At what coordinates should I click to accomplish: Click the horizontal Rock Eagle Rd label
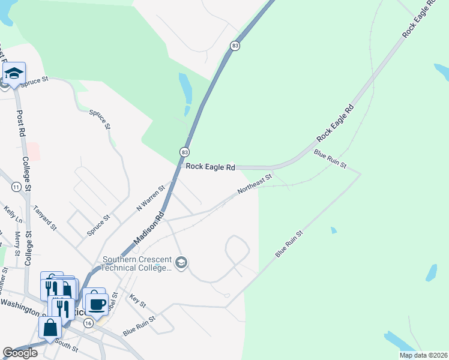pos(209,167)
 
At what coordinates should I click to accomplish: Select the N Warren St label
pos(150,198)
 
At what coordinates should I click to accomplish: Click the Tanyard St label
pos(45,219)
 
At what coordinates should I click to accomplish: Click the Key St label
pos(138,301)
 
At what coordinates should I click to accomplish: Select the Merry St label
pos(18,243)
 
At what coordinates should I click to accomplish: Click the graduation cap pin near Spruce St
pos(13,74)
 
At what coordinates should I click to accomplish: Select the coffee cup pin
pos(98,304)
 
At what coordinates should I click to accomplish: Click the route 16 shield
pos(89,323)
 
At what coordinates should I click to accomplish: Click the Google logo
pos(20,353)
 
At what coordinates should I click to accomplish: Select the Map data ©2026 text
pos(422,355)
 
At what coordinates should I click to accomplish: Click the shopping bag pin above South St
pos(50,328)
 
